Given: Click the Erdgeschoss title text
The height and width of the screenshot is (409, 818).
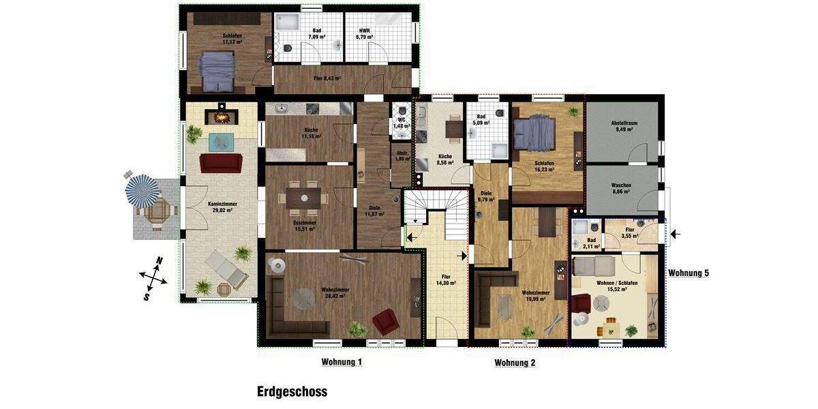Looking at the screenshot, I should pyautogui.click(x=292, y=392).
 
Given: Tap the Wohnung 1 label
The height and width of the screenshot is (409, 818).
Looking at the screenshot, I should pyautogui.click(x=342, y=362).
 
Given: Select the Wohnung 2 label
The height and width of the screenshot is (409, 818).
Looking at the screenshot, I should pyautogui.click(x=515, y=363).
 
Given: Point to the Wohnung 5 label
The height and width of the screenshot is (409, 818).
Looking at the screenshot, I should pyautogui.click(x=688, y=273).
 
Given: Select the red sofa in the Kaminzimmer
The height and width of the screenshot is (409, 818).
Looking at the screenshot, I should pyautogui.click(x=220, y=163).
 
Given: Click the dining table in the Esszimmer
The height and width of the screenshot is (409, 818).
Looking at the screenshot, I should pyautogui.click(x=304, y=198).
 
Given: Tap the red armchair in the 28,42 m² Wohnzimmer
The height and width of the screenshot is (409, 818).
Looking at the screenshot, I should pyautogui.click(x=386, y=321).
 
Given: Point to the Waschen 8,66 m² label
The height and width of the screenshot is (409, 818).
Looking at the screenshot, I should pyautogui.click(x=620, y=189).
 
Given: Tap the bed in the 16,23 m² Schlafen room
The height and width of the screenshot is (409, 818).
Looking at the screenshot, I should pyautogui.click(x=534, y=135).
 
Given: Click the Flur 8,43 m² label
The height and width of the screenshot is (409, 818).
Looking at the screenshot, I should pyautogui.click(x=327, y=78).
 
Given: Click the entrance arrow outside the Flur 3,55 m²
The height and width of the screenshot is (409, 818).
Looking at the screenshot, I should pyautogui.click(x=674, y=234).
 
